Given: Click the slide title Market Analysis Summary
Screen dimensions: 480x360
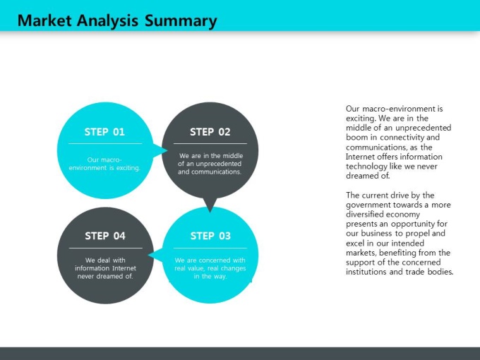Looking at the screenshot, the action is pos(117,20).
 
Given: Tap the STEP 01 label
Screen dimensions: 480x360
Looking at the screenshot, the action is pos(104,132).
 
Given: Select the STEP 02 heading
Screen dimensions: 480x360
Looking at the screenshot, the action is pos(210,132).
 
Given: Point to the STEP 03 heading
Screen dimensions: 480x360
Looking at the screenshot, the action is pos(210,236).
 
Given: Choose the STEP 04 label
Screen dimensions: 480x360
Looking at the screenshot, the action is pos(105,236).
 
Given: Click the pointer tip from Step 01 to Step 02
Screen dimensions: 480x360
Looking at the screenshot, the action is pos(167,150).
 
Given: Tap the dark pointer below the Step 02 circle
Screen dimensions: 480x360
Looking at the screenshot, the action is pos(210,205).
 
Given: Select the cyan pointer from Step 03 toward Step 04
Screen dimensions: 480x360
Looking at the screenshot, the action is pos(155,255).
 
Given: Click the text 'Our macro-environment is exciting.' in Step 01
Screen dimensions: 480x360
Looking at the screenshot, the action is pos(104,164).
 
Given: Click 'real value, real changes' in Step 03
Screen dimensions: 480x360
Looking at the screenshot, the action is pos(210,268).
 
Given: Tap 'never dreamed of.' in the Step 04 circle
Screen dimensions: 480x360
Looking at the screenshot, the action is pos(105,277).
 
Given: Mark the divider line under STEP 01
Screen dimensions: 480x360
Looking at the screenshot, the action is pos(105,143).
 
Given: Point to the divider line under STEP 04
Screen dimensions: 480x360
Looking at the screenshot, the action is pos(106,248).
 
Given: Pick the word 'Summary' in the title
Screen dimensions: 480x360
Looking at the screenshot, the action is pos(181,21).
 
